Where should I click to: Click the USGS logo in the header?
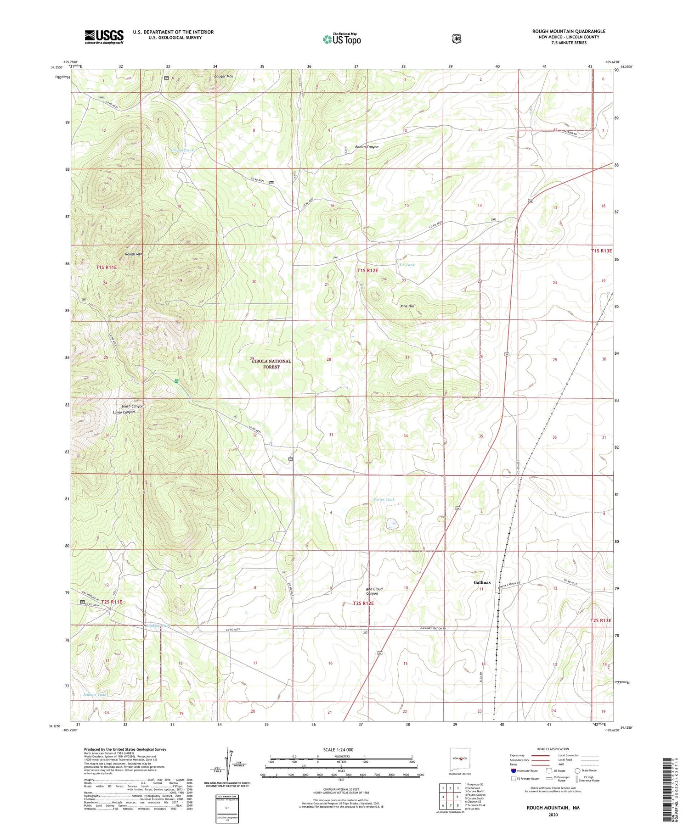(x=104, y=37)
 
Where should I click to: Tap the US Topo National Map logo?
(x=342, y=39)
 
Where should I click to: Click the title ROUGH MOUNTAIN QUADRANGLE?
(x=569, y=31)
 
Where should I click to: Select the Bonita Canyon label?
(x=367, y=147)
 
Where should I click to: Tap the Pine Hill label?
(x=407, y=306)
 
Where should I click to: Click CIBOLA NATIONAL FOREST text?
(x=271, y=364)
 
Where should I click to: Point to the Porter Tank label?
(x=384, y=499)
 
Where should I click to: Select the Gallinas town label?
(x=482, y=582)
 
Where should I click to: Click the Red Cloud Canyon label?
(x=374, y=591)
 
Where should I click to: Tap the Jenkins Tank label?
(x=95, y=695)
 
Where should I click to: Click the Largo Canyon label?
(x=124, y=412)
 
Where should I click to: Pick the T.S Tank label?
(x=407, y=265)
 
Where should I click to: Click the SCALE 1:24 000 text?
(x=338, y=749)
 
